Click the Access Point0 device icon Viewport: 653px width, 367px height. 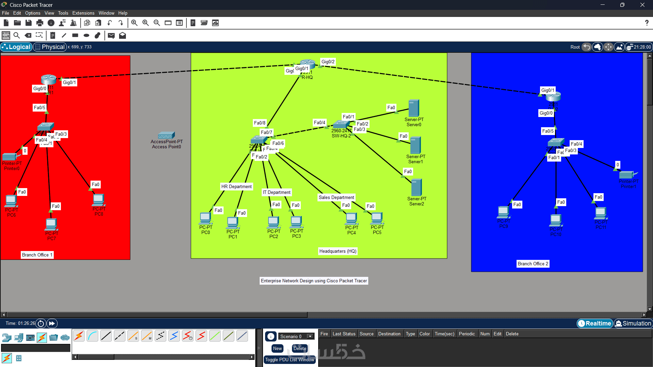[166, 135]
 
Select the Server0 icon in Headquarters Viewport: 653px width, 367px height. [413, 109]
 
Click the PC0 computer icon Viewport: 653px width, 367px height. [205, 218]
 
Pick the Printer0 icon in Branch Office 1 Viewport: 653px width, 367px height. [10, 156]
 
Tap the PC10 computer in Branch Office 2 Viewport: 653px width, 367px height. [555, 220]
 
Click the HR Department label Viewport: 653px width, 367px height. [236, 186]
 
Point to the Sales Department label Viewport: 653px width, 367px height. [336, 197]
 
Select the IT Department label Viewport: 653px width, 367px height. [276, 192]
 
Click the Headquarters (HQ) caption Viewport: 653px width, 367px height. [338, 251]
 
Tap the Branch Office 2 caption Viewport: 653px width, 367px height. [533, 264]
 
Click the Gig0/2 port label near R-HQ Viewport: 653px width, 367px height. [328, 62]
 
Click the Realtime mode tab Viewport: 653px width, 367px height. [595, 323]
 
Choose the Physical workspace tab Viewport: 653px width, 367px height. [50, 47]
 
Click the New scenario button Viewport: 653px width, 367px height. [277, 348]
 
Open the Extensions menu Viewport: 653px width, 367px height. [83, 13]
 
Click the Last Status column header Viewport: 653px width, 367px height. [344, 334]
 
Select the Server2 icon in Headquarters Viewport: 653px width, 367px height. [416, 187]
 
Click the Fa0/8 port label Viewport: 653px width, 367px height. [260, 123]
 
